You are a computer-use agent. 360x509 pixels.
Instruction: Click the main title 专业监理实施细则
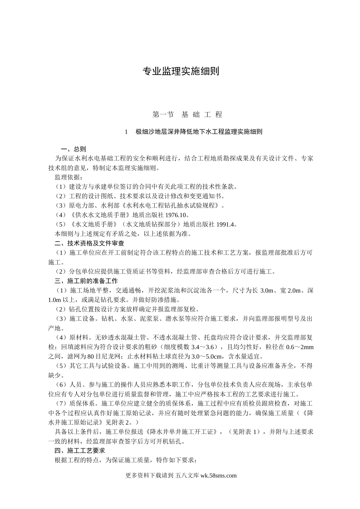point(180,71)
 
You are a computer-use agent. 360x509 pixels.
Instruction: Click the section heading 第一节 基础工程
point(187,114)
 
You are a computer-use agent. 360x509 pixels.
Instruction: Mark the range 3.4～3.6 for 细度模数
point(204,347)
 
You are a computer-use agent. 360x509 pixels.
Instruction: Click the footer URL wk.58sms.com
point(218,476)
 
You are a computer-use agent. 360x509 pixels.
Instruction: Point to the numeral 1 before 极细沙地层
point(126,132)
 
